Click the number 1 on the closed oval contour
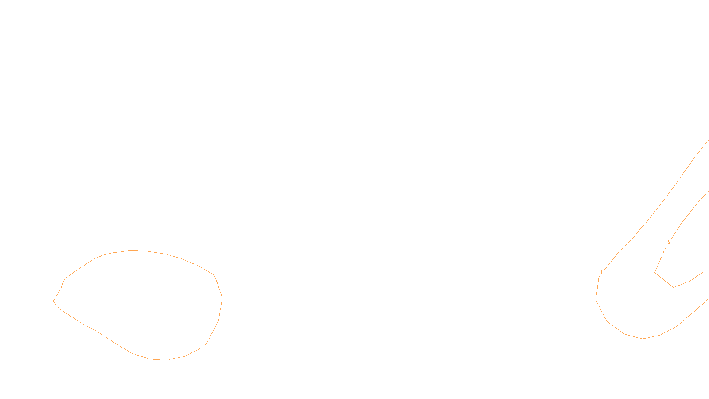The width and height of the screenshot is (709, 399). [x=167, y=360]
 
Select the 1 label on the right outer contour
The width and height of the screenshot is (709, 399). [x=601, y=273]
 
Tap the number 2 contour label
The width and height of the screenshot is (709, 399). [x=669, y=242]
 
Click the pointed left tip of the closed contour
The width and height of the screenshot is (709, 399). [x=53, y=301]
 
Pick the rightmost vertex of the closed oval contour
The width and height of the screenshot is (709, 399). [x=222, y=297]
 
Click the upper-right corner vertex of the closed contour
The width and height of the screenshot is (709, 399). [x=214, y=275]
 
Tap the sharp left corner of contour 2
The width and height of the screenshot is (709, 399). [x=655, y=272]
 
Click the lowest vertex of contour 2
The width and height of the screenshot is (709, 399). [x=674, y=287]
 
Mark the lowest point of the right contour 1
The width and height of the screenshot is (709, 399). [x=643, y=339]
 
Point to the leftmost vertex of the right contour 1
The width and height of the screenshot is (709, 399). [x=596, y=300]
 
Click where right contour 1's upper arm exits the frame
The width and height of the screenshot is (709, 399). [x=708, y=140]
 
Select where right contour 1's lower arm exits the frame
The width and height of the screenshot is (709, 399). [x=708, y=298]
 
